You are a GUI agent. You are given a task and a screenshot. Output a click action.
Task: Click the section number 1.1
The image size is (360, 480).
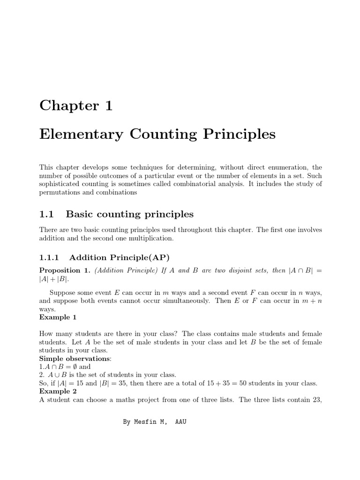pos(47,214)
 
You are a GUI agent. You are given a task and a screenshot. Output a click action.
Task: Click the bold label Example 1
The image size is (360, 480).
pos(58,317)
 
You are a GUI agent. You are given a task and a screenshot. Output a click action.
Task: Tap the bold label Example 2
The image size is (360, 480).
pos(58,391)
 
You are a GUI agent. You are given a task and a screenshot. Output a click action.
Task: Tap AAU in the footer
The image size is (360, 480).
pos(180,422)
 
